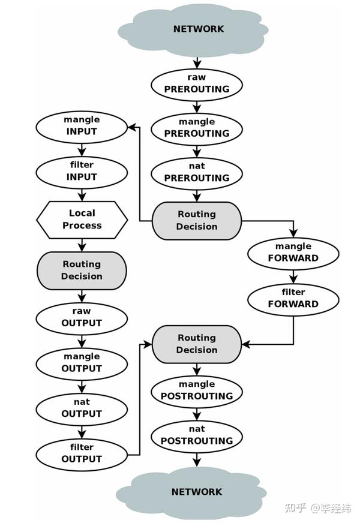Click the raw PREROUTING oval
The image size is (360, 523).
coord(197,83)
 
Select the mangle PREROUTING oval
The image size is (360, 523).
coord(197,128)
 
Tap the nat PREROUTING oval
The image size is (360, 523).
coord(197,172)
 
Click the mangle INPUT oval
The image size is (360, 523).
coord(82,126)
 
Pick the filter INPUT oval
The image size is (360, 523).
coord(82,171)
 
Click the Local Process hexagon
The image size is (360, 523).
coord(82,220)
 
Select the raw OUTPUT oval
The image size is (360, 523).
coord(82,317)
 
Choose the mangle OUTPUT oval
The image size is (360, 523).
coord(82,363)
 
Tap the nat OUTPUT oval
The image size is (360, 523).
coord(82,408)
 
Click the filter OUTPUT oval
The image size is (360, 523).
coord(82,453)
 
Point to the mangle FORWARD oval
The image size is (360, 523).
coord(293,253)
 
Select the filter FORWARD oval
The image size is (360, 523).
coord(293,298)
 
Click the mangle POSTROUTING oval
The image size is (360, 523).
coord(197,390)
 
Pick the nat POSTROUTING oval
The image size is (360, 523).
coord(197,435)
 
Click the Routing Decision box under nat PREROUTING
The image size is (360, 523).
coord(197,221)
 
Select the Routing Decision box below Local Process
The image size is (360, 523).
coord(82,270)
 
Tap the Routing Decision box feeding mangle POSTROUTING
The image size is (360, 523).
coord(197,344)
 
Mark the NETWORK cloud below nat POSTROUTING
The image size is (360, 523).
coord(197,492)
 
